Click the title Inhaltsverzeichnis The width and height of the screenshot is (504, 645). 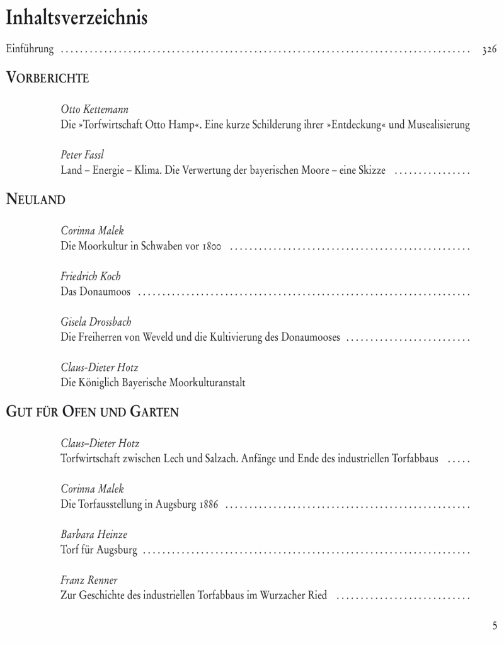click(76, 18)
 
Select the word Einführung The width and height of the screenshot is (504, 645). click(30, 49)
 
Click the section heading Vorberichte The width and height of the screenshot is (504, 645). click(47, 78)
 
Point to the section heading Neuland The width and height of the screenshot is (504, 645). click(36, 200)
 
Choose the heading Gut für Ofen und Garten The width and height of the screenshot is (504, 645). click(93, 413)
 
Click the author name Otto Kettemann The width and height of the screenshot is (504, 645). click(95, 110)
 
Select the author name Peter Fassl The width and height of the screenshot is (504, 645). click(83, 155)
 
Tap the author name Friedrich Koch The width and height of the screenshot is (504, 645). click(91, 277)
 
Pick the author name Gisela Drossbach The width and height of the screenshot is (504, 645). click(96, 322)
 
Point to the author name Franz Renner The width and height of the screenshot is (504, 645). click(89, 580)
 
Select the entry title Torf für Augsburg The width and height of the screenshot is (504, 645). click(99, 551)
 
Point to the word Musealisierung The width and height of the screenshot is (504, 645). click(438, 125)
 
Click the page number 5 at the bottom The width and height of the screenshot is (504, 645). click(495, 625)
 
